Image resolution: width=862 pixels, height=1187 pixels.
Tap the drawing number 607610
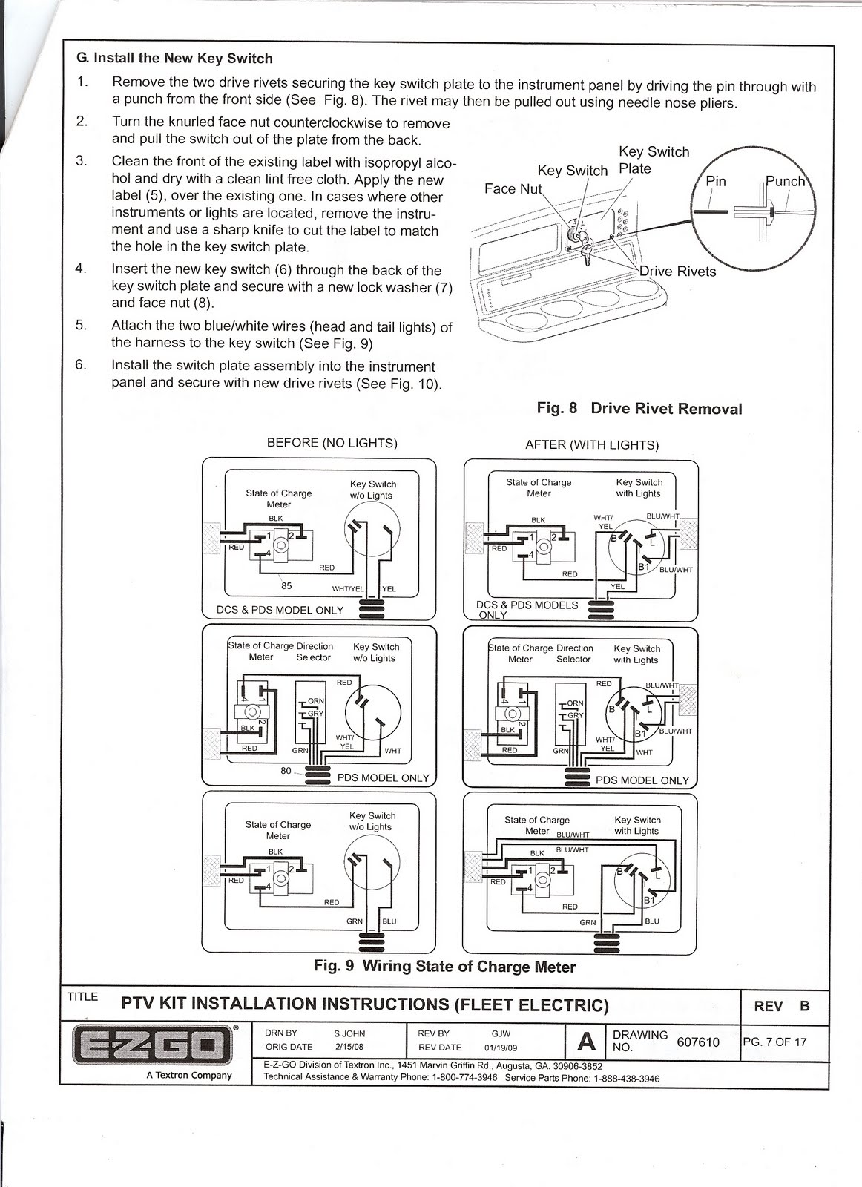(698, 1042)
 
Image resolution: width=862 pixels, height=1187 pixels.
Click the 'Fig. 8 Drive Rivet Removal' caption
(639, 409)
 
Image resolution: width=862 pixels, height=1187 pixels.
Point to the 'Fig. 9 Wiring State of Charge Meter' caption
(444, 967)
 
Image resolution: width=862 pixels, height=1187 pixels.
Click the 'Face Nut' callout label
(513, 189)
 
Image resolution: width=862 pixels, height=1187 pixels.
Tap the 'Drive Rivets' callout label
(677, 272)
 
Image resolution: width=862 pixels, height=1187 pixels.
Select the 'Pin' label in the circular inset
(715, 182)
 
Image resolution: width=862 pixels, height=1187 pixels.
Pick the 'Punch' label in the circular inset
(786, 182)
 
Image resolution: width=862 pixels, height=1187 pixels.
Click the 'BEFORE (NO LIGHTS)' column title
(332, 444)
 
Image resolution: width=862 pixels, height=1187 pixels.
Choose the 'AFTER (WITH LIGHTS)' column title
(591, 445)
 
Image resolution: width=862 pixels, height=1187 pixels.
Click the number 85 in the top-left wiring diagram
(286, 585)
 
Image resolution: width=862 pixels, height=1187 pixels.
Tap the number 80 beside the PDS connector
(286, 771)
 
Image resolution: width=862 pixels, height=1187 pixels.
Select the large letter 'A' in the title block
(586, 1042)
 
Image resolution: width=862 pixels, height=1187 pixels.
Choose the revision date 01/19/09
(500, 1048)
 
